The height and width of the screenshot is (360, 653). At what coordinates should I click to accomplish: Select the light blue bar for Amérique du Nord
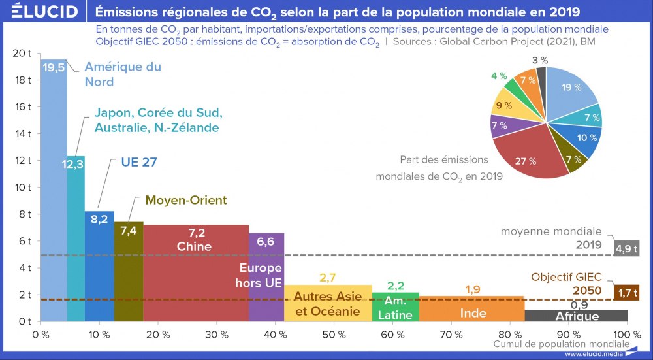coord(54,196)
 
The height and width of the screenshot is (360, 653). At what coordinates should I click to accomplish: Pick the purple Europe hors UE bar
coord(266,301)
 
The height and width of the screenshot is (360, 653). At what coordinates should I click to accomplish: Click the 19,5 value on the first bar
coord(54,67)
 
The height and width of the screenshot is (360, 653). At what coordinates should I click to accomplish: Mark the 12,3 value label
coord(73,165)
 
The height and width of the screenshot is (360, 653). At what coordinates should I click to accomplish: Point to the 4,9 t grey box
coord(626,248)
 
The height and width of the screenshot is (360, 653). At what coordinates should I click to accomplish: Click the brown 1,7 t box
coord(626,291)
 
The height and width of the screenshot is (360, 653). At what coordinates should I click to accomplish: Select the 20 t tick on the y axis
coord(22,53)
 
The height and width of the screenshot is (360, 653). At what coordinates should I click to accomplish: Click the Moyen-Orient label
coord(186,200)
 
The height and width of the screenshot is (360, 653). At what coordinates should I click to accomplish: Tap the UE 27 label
coord(140,162)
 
